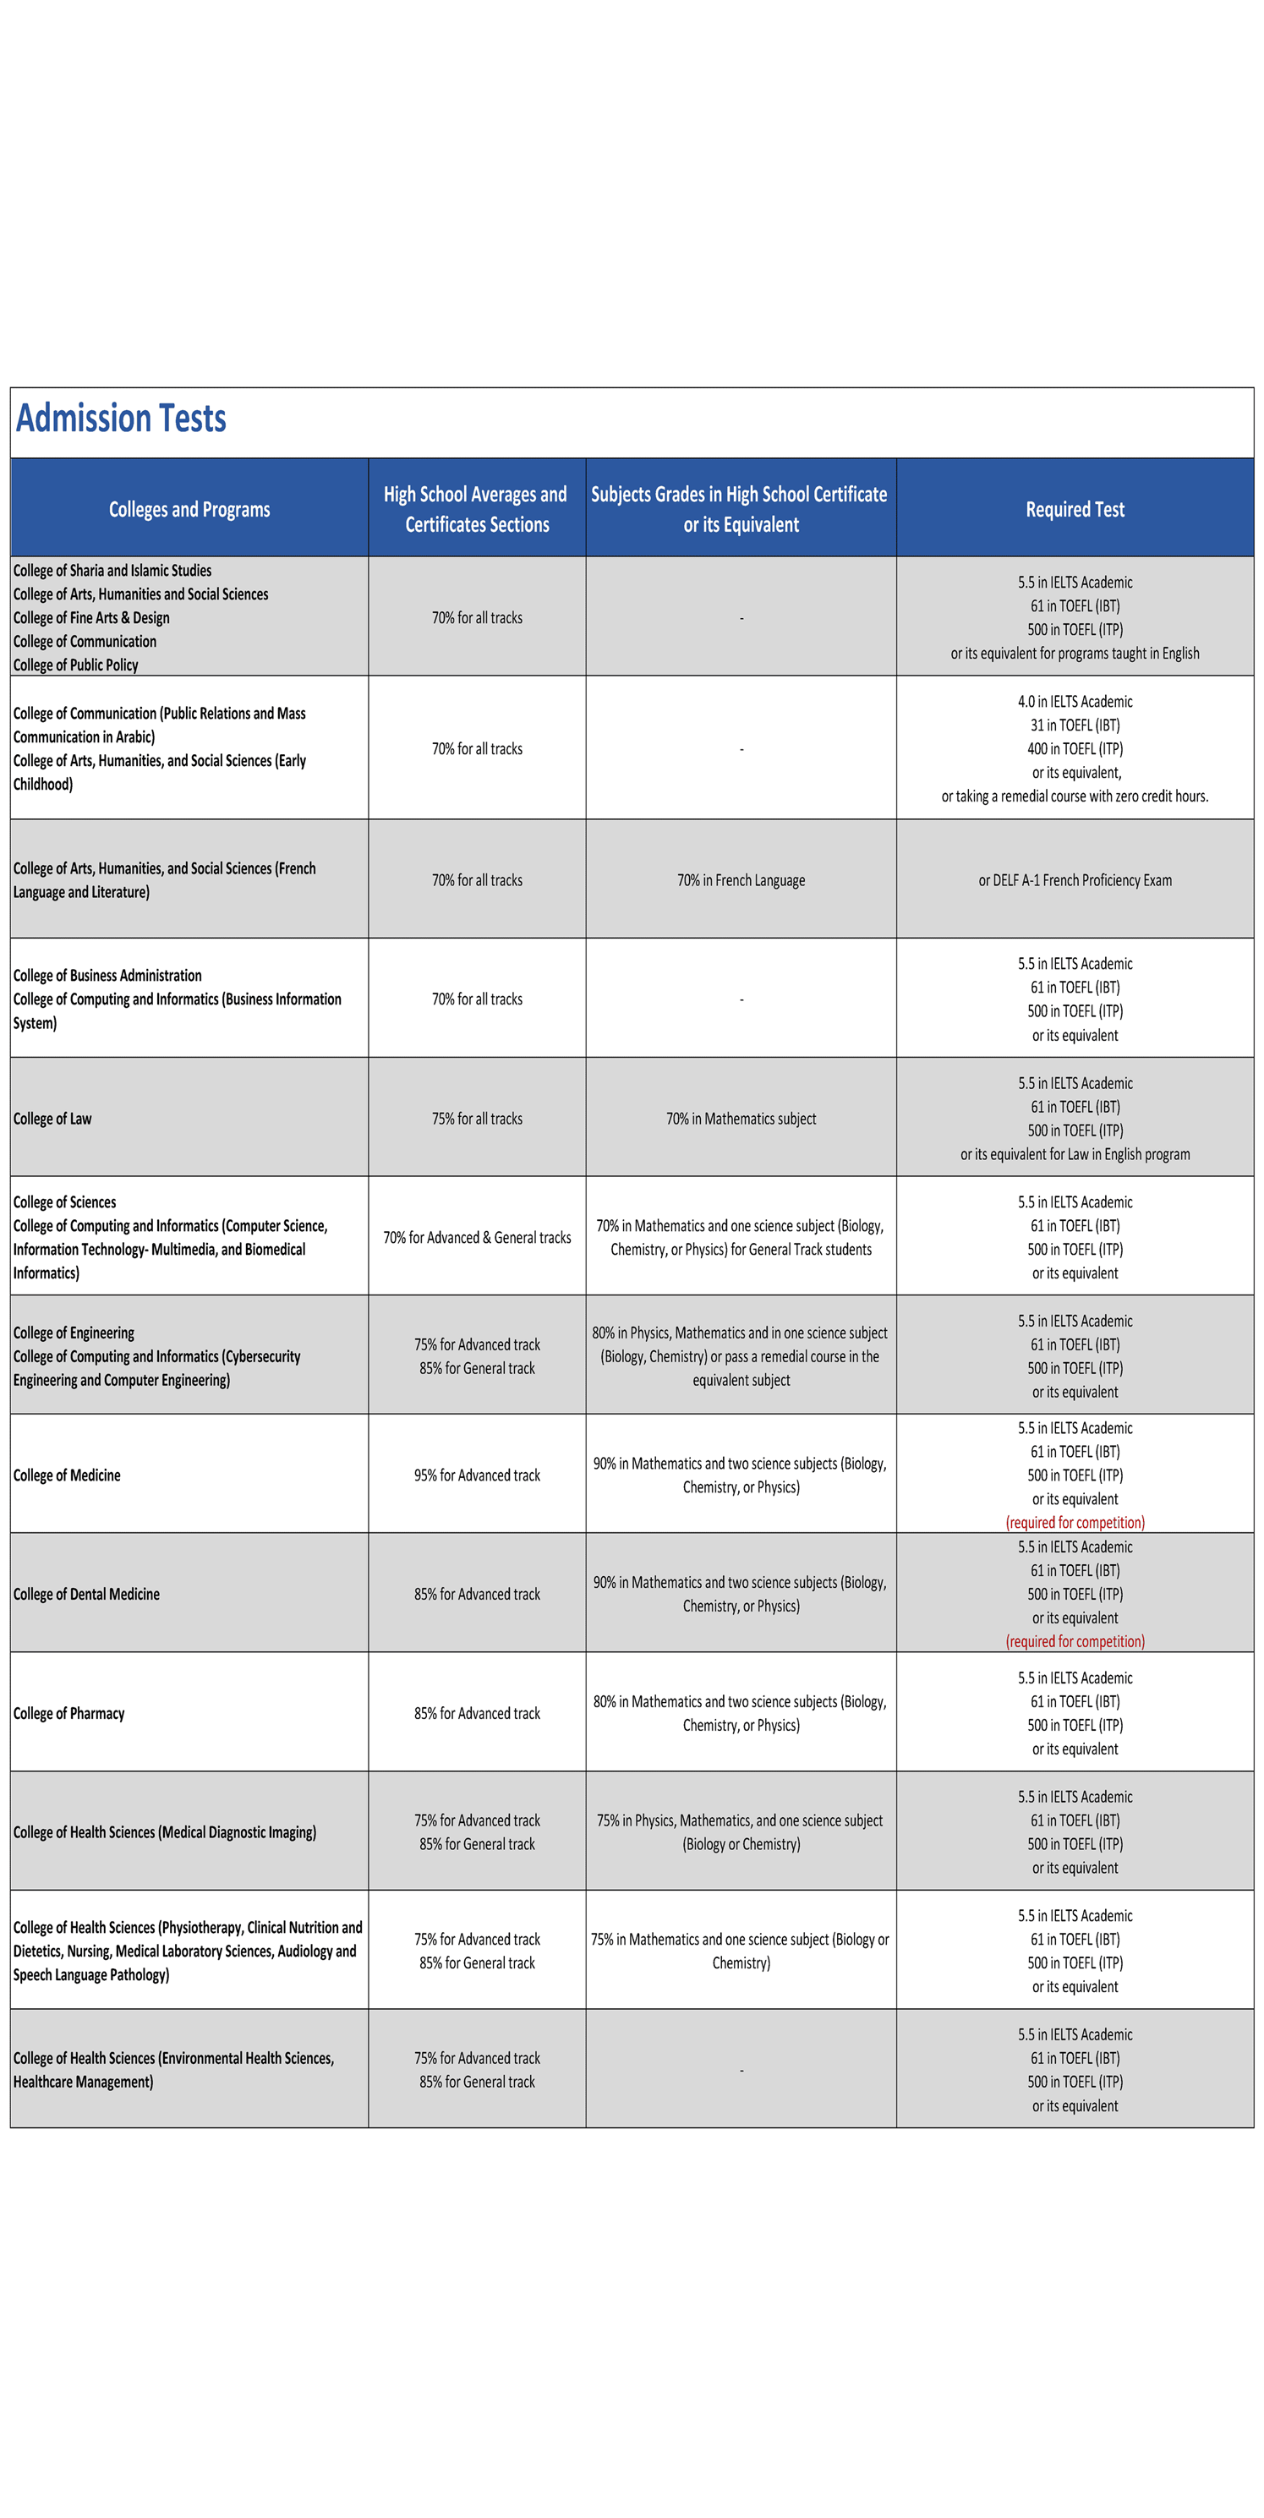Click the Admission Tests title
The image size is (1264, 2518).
click(121, 419)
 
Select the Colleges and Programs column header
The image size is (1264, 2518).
click(189, 509)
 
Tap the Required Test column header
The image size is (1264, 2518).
click(1075, 509)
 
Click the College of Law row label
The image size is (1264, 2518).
click(52, 1119)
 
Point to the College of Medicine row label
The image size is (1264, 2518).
click(68, 1475)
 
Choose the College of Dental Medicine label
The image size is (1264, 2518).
click(86, 1595)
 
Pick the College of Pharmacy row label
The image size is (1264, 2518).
click(69, 1714)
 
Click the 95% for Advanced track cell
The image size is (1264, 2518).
click(477, 1475)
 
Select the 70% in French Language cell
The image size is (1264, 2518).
click(741, 879)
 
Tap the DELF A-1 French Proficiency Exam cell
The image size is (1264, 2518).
click(1075, 879)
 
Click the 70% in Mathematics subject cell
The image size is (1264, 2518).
click(741, 1119)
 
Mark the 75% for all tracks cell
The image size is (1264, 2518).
click(477, 1119)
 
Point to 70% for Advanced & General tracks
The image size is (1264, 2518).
click(477, 1238)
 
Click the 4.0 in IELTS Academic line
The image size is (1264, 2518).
click(1075, 702)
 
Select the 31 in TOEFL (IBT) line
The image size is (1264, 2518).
click(1075, 725)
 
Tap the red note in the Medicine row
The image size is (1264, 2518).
click(1075, 1522)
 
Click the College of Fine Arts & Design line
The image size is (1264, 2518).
click(92, 618)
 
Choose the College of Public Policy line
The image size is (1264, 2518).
click(76, 665)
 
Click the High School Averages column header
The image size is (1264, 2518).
click(476, 509)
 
